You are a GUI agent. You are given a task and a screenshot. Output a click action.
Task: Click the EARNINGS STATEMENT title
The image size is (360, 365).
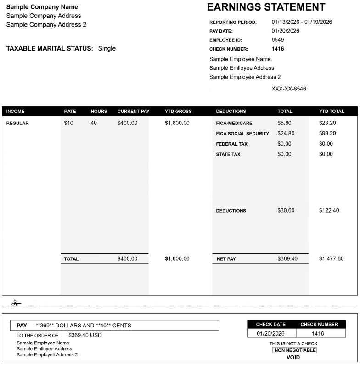[266, 7]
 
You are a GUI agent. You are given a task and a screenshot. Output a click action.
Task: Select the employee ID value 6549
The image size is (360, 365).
[278, 40]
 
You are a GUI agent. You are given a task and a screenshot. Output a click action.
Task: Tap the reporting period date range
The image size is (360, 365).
[302, 22]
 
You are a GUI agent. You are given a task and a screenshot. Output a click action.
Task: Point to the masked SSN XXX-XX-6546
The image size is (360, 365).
[289, 89]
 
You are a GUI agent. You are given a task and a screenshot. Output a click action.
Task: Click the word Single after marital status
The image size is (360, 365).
[107, 49]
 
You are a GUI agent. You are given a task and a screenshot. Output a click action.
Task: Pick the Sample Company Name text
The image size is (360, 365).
[42, 7]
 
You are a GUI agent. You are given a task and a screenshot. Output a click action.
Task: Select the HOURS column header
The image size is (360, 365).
[99, 112]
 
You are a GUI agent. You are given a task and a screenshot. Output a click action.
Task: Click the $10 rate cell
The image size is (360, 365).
[69, 123]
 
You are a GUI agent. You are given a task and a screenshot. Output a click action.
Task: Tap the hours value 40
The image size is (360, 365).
[94, 123]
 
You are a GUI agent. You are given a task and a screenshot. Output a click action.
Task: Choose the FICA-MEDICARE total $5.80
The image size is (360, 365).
[284, 123]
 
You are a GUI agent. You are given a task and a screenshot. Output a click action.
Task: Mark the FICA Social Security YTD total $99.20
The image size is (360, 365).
[327, 134]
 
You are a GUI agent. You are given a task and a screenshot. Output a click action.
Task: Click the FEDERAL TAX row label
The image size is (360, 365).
[231, 144]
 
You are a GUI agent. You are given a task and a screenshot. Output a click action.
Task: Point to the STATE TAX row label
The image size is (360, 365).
[228, 155]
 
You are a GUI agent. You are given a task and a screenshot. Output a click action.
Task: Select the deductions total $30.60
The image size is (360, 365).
[286, 211]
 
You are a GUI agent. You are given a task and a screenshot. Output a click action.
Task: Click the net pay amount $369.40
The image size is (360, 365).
[287, 259]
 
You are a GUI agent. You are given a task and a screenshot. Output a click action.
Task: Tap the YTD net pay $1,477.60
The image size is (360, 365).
[331, 259]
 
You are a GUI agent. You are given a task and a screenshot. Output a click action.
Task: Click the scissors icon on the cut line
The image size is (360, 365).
[16, 303]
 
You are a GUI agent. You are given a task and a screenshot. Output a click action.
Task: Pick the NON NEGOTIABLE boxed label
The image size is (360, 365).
[295, 350]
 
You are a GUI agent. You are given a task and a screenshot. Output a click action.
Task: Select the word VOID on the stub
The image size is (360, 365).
[293, 357]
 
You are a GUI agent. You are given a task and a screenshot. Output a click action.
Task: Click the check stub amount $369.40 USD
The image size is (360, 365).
[85, 335]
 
